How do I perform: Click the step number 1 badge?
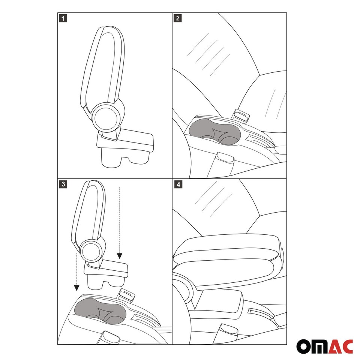[63, 18]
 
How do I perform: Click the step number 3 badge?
[63, 184]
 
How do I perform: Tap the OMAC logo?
[325, 346]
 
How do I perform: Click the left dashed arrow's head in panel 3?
[76, 288]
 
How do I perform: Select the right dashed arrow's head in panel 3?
[119, 256]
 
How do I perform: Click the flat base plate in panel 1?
[127, 140]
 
